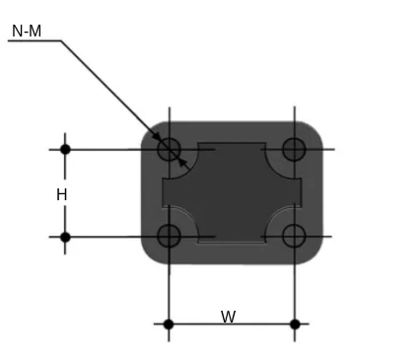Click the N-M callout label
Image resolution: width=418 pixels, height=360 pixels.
[x=27, y=31]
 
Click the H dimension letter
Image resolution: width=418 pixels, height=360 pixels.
[x=62, y=194]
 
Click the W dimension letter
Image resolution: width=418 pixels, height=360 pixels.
[x=229, y=317]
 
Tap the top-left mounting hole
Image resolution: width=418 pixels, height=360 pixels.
[x=169, y=149]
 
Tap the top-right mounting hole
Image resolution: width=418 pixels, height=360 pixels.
[x=294, y=149]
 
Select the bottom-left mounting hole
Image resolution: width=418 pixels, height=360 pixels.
[x=169, y=236]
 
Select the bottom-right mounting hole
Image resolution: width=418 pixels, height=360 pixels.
[x=294, y=236]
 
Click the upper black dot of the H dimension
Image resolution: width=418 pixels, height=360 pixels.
[x=65, y=149]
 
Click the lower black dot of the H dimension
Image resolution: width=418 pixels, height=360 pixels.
[x=65, y=237]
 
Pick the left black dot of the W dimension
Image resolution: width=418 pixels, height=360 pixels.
[x=169, y=324]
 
